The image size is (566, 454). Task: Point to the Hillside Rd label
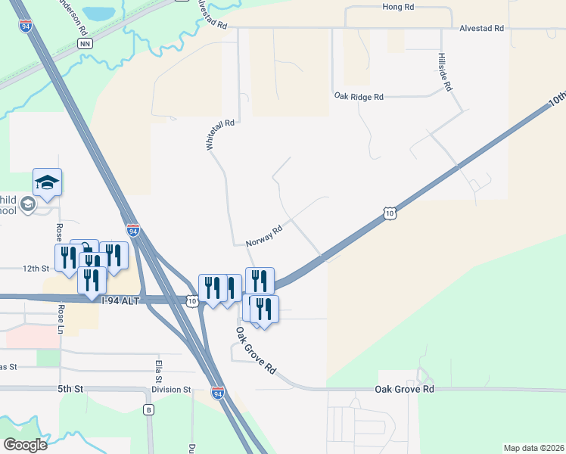pos(445,73)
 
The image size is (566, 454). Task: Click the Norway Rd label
pos(264,235)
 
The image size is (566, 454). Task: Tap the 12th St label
pos(35,269)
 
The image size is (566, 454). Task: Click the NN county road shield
pos(85,44)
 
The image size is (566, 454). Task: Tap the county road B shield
pos(148,410)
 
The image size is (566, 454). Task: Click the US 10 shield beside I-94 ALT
pos(193,301)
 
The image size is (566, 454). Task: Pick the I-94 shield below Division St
pos(218,393)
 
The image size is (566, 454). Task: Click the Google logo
pos(25,445)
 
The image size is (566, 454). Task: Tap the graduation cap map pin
pos(47,182)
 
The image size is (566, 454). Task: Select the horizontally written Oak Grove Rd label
pos(405,389)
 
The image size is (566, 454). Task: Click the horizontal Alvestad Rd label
pos(481,28)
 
